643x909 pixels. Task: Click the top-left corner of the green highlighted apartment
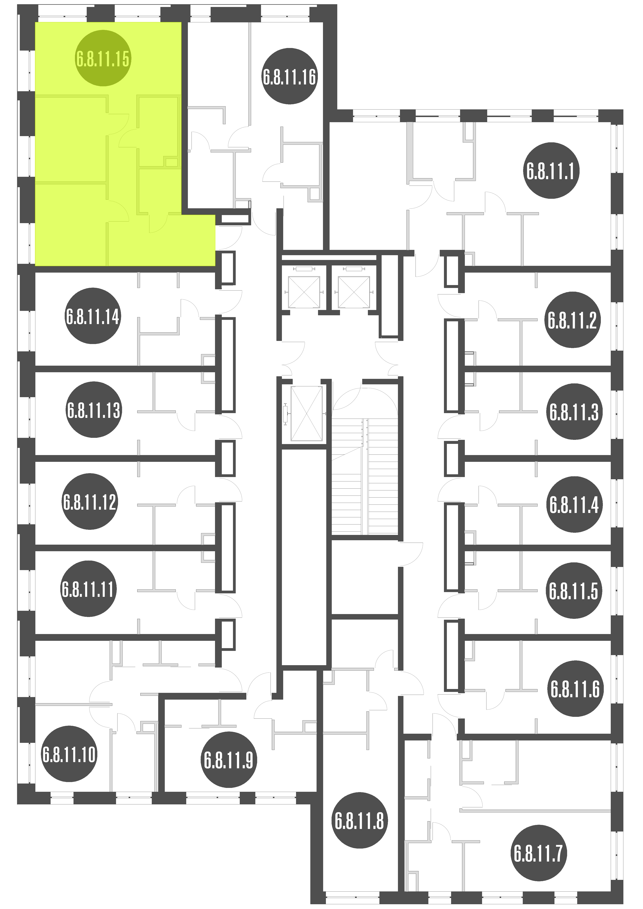36,22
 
